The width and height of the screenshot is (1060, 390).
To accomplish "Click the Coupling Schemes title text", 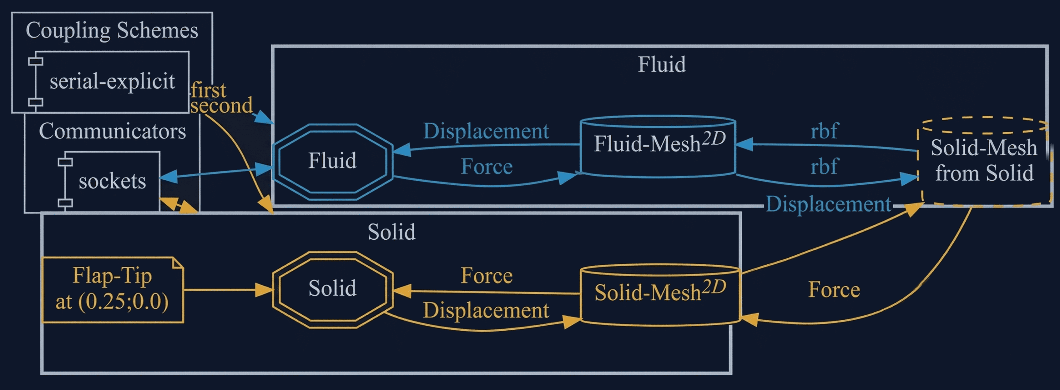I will [x=112, y=30].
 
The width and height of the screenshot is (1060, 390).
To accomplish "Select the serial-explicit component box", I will [x=112, y=81].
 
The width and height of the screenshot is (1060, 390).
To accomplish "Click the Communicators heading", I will [x=112, y=131].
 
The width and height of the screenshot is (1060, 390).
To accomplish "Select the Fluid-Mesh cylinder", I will [x=658, y=147].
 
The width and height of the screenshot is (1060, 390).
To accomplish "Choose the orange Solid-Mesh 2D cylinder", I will [x=660, y=295].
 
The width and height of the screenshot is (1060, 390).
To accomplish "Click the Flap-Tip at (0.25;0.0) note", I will [x=112, y=289].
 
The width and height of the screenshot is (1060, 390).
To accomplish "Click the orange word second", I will [x=221, y=106].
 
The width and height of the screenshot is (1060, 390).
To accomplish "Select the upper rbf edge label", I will [x=824, y=131].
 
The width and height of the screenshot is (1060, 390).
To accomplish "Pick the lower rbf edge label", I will [x=824, y=167].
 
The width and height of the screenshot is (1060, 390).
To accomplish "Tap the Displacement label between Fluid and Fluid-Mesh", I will [x=486, y=131].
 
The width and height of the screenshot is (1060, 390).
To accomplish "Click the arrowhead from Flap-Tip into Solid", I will [x=264, y=290].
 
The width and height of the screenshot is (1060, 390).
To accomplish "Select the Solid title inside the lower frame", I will [x=391, y=232].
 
